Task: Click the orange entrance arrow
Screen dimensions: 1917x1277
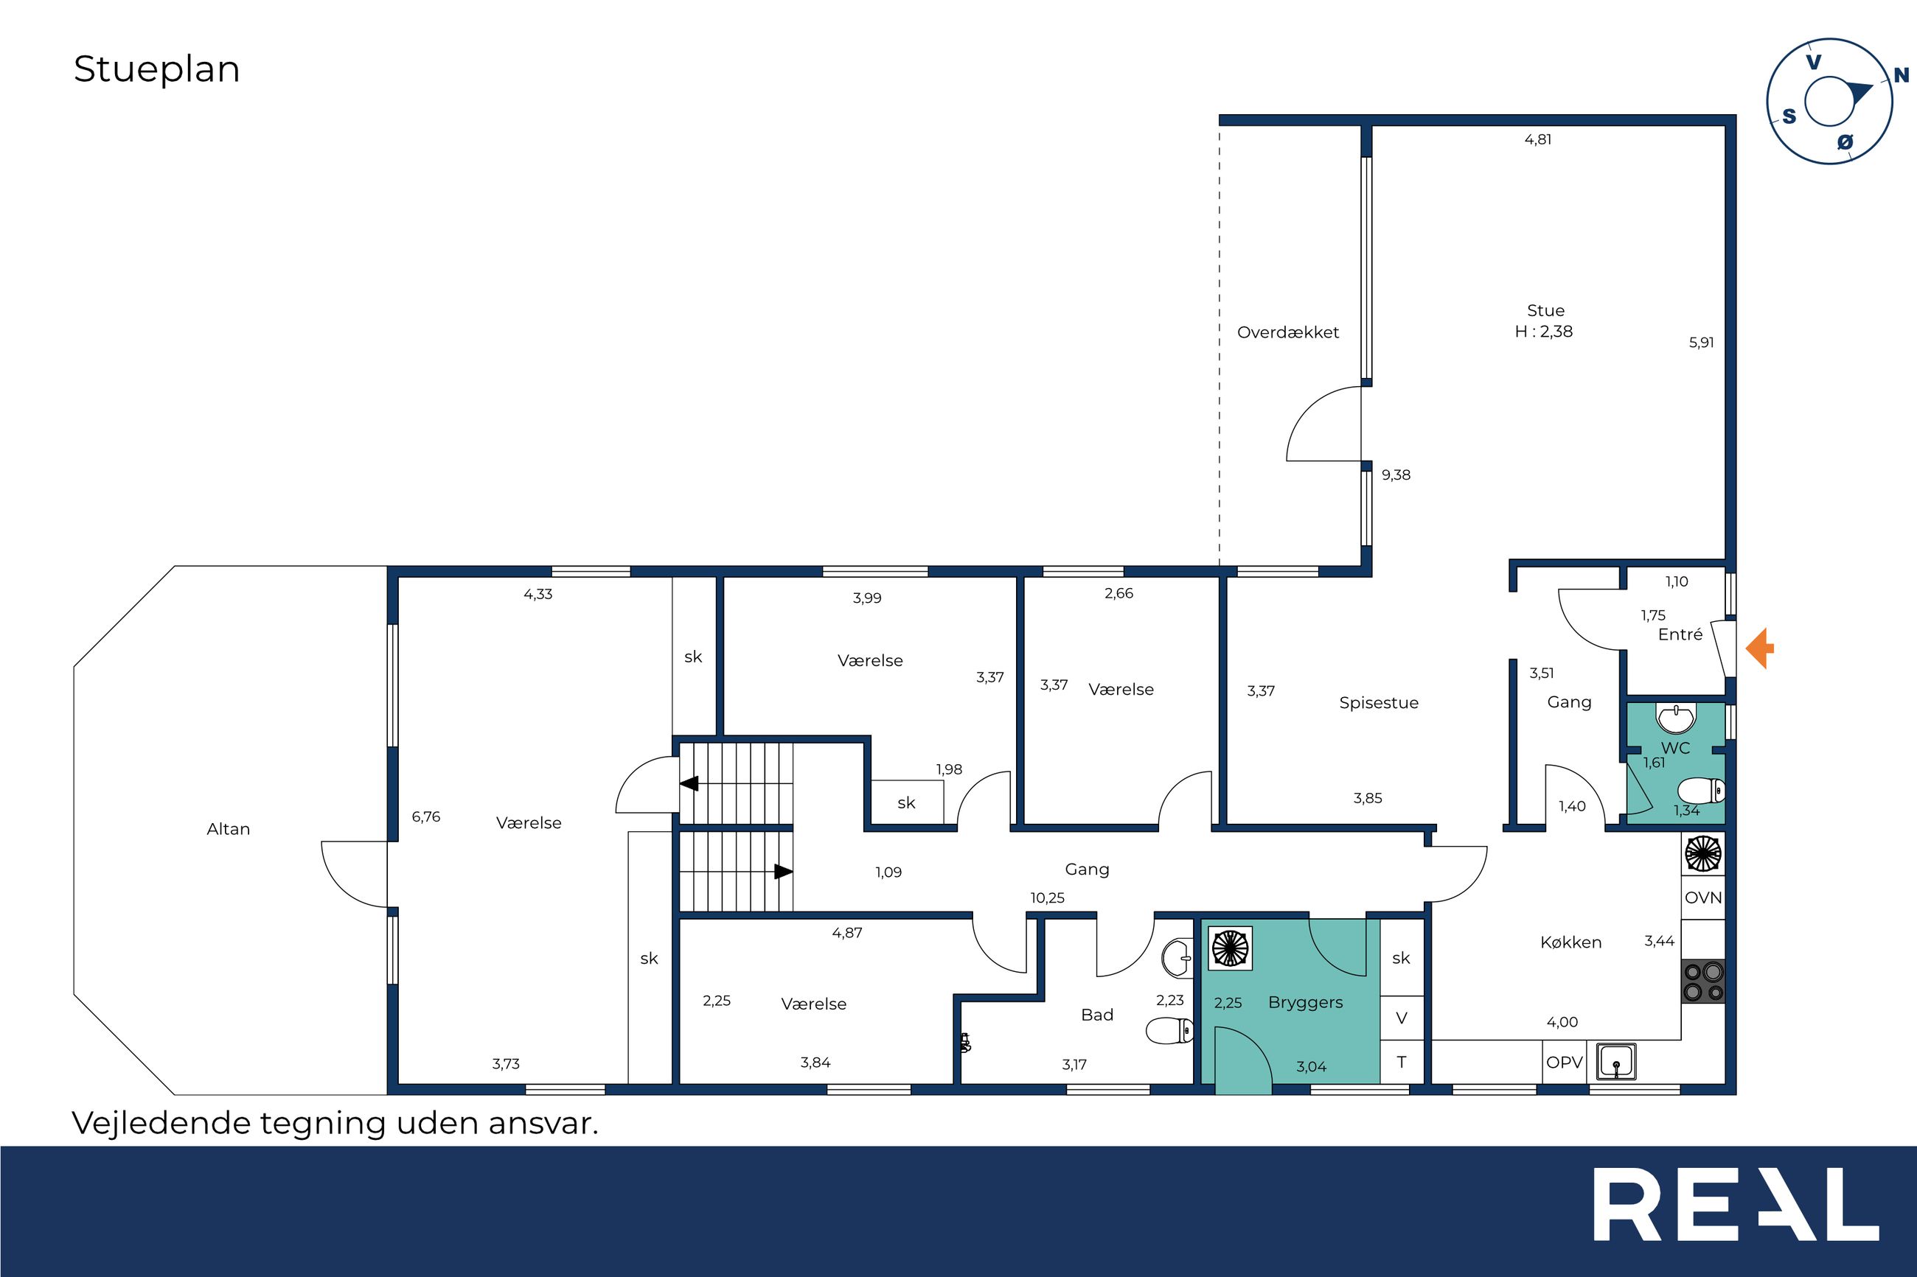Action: tap(1761, 648)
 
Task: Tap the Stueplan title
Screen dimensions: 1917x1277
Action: tap(157, 70)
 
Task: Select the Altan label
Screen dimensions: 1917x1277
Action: tap(228, 829)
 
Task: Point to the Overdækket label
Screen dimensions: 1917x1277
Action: tap(1288, 332)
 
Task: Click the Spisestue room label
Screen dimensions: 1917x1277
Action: tap(1379, 703)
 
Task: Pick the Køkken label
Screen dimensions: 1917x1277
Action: tap(1570, 942)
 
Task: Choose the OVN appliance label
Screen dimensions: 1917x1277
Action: tap(1702, 898)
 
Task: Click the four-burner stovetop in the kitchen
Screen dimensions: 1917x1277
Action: tap(1703, 982)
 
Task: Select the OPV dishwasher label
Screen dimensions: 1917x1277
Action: tap(1565, 1063)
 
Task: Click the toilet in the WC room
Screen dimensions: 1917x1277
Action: tap(1702, 790)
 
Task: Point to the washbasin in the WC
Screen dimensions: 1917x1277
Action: tap(1676, 718)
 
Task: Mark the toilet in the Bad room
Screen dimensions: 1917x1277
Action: tap(1170, 1031)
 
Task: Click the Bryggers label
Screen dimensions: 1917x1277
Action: tap(1305, 1003)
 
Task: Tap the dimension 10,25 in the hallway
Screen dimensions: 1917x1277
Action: tap(1047, 898)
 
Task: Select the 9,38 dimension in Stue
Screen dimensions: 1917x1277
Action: tap(1396, 475)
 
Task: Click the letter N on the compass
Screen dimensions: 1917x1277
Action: tap(1902, 76)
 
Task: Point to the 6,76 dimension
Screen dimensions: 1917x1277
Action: tap(426, 817)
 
